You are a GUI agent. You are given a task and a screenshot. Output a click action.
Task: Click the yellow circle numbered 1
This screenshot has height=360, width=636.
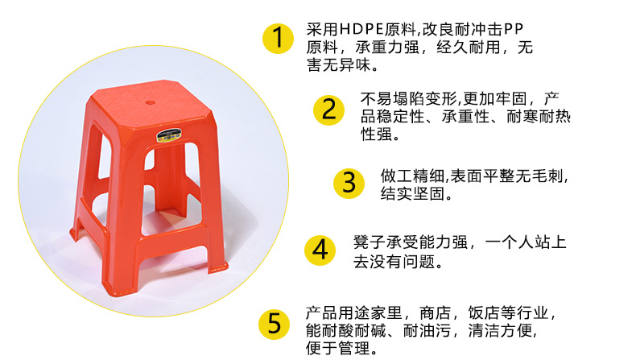pos(278,38)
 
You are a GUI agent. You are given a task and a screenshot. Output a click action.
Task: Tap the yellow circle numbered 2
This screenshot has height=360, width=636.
pos(328,109)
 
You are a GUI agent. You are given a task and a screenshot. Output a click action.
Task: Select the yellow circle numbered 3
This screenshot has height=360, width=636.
pos(349,182)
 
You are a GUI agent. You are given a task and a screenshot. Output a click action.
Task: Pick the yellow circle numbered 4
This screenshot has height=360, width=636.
pos(320,250)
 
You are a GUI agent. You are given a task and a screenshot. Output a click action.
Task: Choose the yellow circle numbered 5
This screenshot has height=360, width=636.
pos(274,325)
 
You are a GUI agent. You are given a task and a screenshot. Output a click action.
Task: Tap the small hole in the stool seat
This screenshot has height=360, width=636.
pos(152,105)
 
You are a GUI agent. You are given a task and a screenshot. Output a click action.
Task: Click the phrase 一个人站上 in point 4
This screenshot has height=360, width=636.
pos(531,242)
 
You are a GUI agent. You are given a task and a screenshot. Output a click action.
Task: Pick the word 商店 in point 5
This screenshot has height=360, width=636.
pos(442,312)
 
